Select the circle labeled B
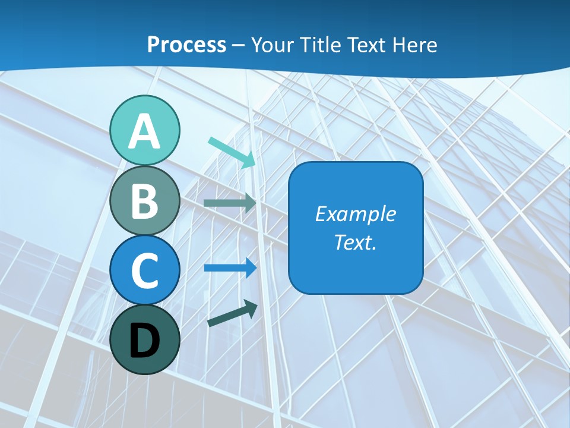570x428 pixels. click(145, 201)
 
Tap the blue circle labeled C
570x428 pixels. click(145, 270)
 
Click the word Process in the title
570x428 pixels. click(186, 45)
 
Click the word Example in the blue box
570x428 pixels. click(355, 214)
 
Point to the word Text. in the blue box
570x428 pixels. click(355, 243)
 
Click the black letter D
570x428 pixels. click(145, 341)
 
